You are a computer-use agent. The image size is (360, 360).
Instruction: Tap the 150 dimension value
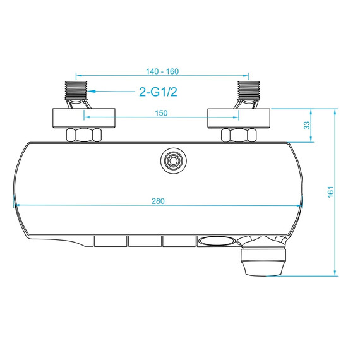[160, 113]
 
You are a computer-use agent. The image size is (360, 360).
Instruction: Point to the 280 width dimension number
[159, 201]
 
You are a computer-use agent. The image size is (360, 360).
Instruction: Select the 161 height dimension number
[330, 192]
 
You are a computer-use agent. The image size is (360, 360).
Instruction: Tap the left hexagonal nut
[84, 135]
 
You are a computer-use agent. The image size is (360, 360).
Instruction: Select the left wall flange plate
[83, 117]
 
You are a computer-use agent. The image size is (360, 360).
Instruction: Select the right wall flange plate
[240, 117]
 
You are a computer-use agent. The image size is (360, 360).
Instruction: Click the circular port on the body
[171, 161]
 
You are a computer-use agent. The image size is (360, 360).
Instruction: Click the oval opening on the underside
[215, 241]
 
